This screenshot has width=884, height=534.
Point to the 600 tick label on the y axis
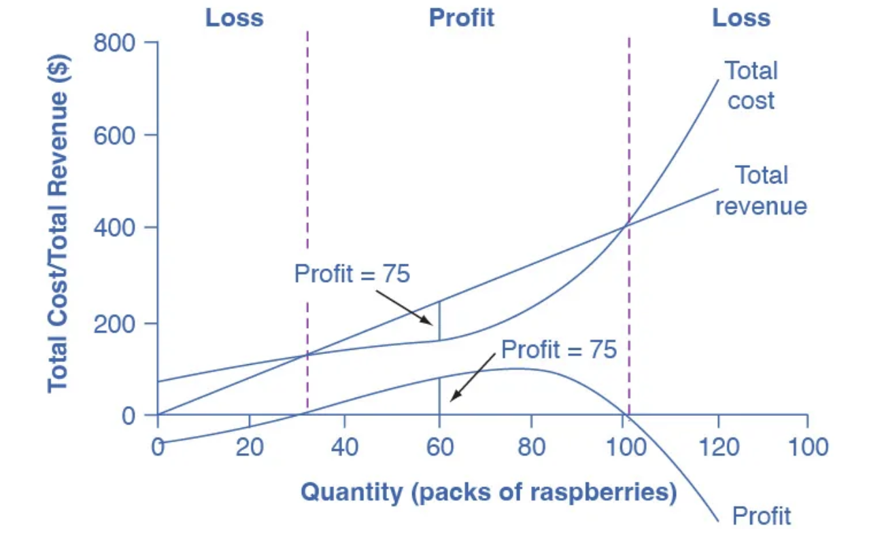[116, 135]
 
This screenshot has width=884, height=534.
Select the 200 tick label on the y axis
[116, 322]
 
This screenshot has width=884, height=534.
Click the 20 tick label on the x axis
[250, 447]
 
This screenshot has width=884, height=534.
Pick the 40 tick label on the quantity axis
[344, 447]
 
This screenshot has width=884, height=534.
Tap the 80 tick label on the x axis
[532, 447]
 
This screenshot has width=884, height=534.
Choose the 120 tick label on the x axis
[719, 447]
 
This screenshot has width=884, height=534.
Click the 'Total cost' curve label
[751, 86]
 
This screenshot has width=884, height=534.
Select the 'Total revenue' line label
[761, 191]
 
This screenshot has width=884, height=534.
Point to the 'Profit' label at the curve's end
[762, 516]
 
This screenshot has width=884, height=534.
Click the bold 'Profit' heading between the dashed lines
[462, 18]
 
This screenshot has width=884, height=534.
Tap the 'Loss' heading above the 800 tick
[235, 18]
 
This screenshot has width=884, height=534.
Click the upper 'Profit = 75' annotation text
[352, 274]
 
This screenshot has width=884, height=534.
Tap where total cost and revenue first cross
[307, 354]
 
